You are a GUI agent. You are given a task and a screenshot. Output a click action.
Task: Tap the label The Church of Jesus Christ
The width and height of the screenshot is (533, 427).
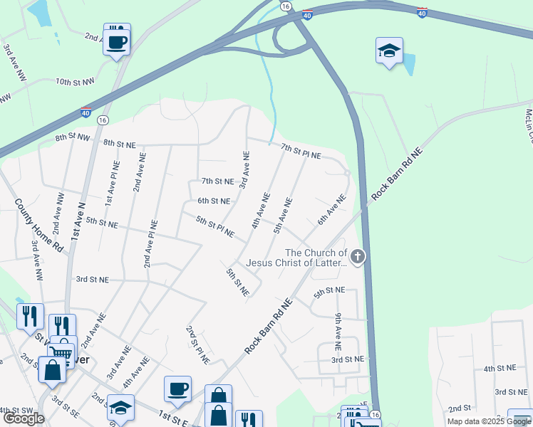click(x=316, y=258)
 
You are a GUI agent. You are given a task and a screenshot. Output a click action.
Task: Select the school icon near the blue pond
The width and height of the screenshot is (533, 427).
click(x=389, y=51)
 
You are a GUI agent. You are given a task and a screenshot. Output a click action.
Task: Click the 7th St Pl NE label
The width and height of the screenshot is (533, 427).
click(x=301, y=151)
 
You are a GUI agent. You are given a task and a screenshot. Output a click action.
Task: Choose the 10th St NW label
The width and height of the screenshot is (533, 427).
click(x=75, y=83)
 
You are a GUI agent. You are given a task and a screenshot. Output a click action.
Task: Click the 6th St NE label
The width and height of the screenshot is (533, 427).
click(x=214, y=201)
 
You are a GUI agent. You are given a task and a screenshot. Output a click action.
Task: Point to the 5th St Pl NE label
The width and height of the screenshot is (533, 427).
click(x=215, y=227)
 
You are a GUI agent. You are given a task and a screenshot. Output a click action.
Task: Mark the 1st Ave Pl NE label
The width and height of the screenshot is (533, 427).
click(x=111, y=184)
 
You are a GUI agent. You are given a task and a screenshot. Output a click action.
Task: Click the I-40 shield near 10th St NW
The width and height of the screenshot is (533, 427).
click(x=86, y=112)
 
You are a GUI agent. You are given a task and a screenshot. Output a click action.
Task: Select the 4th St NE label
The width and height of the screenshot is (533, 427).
click(x=500, y=369)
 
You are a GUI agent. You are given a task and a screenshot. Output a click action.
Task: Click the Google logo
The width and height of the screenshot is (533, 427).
click(x=24, y=418)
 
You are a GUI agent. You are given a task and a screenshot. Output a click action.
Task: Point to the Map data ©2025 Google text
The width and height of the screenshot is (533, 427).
click(x=489, y=421)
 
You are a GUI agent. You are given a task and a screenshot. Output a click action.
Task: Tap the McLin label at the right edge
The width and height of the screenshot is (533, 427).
click(x=529, y=125)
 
